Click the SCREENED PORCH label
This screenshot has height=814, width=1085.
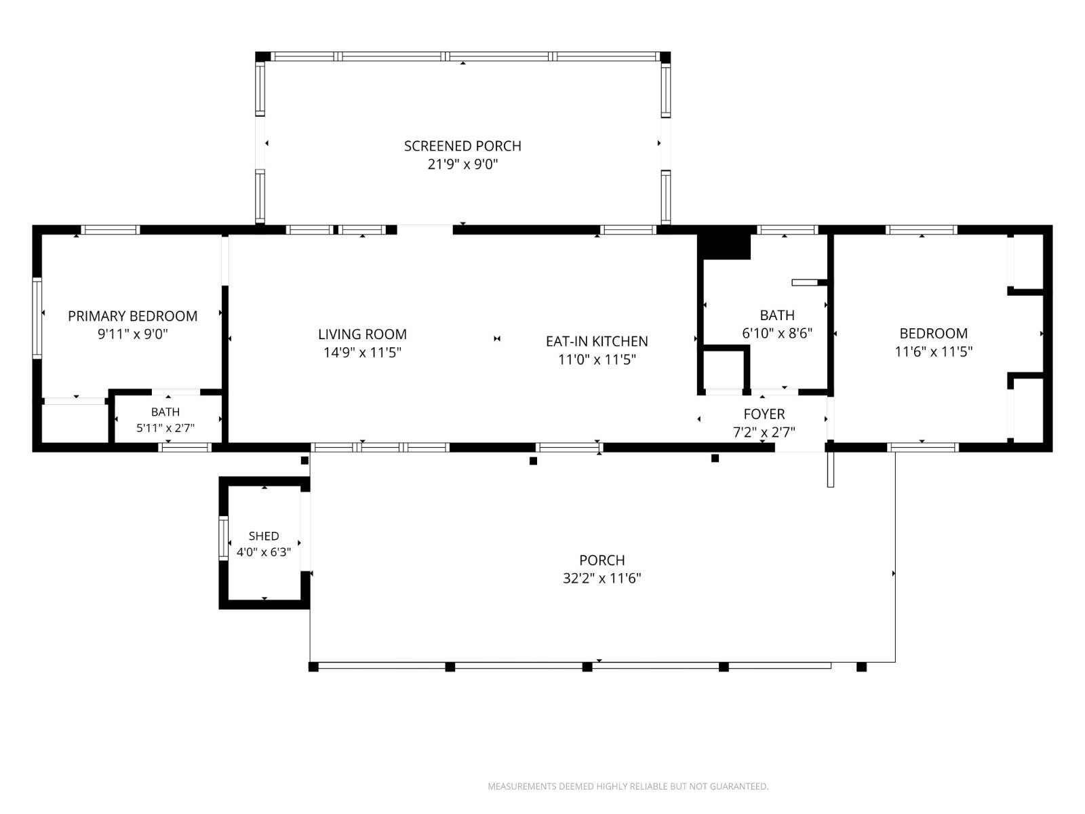click(462, 146)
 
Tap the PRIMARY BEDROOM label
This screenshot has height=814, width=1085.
click(132, 316)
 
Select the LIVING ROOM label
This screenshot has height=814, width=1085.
click(362, 334)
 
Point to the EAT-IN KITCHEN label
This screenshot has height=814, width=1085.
click(597, 341)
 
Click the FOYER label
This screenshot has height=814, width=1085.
click(764, 414)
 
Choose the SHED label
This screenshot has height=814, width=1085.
click(264, 536)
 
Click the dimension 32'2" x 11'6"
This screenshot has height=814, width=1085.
click(601, 578)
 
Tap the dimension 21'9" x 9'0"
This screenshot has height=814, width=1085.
click(462, 164)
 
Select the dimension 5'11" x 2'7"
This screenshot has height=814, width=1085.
click(165, 428)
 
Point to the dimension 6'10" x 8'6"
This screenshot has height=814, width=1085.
click(777, 333)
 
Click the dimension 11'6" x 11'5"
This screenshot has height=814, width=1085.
click(933, 351)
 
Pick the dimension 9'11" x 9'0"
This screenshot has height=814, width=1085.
click(132, 334)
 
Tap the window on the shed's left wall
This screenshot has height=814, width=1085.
click(223, 538)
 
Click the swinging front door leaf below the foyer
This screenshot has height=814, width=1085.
click(831, 469)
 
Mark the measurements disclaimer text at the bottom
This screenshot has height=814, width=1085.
click(628, 786)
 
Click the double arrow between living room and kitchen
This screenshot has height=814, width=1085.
click(497, 338)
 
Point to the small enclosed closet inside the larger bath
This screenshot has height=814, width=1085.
click(724, 370)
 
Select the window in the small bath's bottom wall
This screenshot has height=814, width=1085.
click(185, 447)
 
